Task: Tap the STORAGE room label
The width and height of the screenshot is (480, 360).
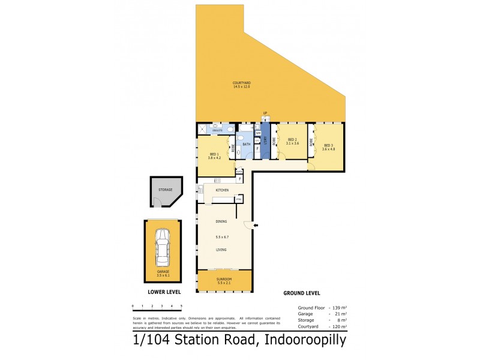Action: [165, 190]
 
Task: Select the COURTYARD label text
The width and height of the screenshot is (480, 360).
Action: [242, 83]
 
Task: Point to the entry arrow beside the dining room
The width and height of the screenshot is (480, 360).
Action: [256, 226]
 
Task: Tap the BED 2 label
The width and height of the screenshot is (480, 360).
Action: [292, 140]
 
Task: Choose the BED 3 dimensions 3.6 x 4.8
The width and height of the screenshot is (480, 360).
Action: [328, 149]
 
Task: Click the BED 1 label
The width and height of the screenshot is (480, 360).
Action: [214, 154]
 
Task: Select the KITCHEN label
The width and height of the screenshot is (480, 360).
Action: [223, 190]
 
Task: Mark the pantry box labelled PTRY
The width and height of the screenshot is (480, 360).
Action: [238, 199]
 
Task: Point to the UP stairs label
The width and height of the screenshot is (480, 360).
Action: [265, 113]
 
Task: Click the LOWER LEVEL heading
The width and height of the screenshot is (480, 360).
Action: [164, 293]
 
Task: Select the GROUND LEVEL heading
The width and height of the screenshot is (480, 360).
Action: [301, 293]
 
